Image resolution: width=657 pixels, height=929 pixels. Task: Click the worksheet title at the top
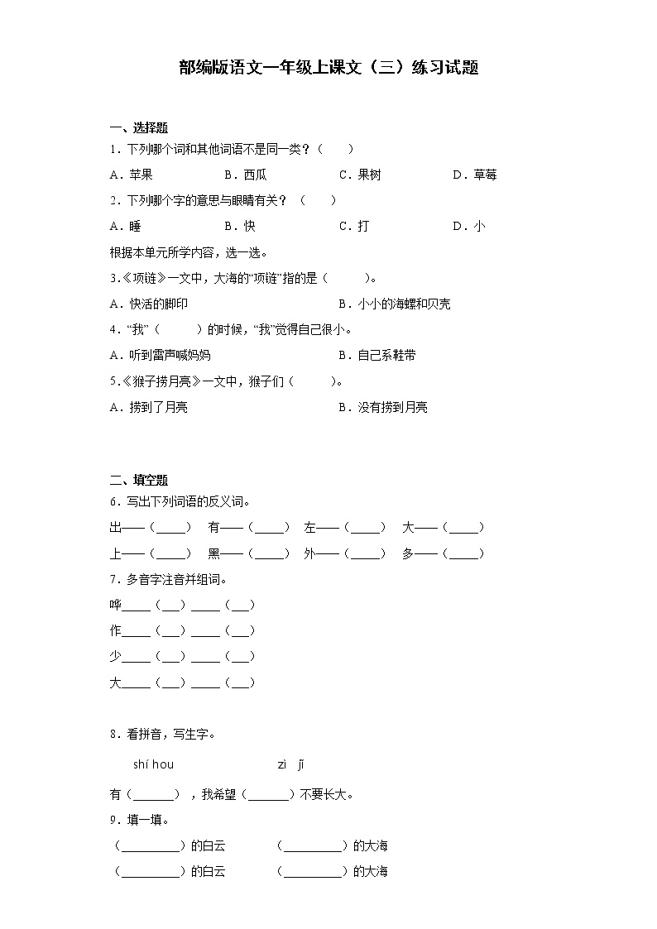click(328, 68)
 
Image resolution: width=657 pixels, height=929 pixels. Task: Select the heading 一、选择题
click(139, 127)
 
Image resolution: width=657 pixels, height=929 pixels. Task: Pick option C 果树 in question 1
click(360, 175)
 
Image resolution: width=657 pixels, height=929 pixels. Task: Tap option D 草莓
click(475, 175)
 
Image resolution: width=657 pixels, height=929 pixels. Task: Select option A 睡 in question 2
click(125, 226)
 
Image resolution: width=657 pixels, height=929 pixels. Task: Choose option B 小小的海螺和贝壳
click(395, 304)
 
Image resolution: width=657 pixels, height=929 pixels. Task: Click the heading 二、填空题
click(139, 480)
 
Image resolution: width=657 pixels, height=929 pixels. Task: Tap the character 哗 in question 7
click(115, 605)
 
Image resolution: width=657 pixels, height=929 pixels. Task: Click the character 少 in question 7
click(115, 656)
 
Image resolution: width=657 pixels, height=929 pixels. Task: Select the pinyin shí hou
click(153, 764)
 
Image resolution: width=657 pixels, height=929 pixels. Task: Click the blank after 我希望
click(269, 795)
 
